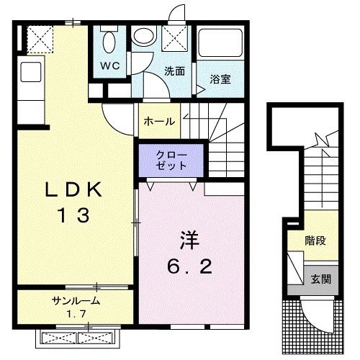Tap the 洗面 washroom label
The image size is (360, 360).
pos(174,71)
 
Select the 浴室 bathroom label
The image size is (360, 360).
pos(220,79)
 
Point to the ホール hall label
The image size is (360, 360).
pos(160,121)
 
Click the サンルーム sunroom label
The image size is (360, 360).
pos(75,301)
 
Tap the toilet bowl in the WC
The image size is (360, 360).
pos(108,42)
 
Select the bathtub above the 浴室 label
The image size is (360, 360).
pos(220,47)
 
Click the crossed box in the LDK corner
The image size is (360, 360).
pos(39,37)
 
